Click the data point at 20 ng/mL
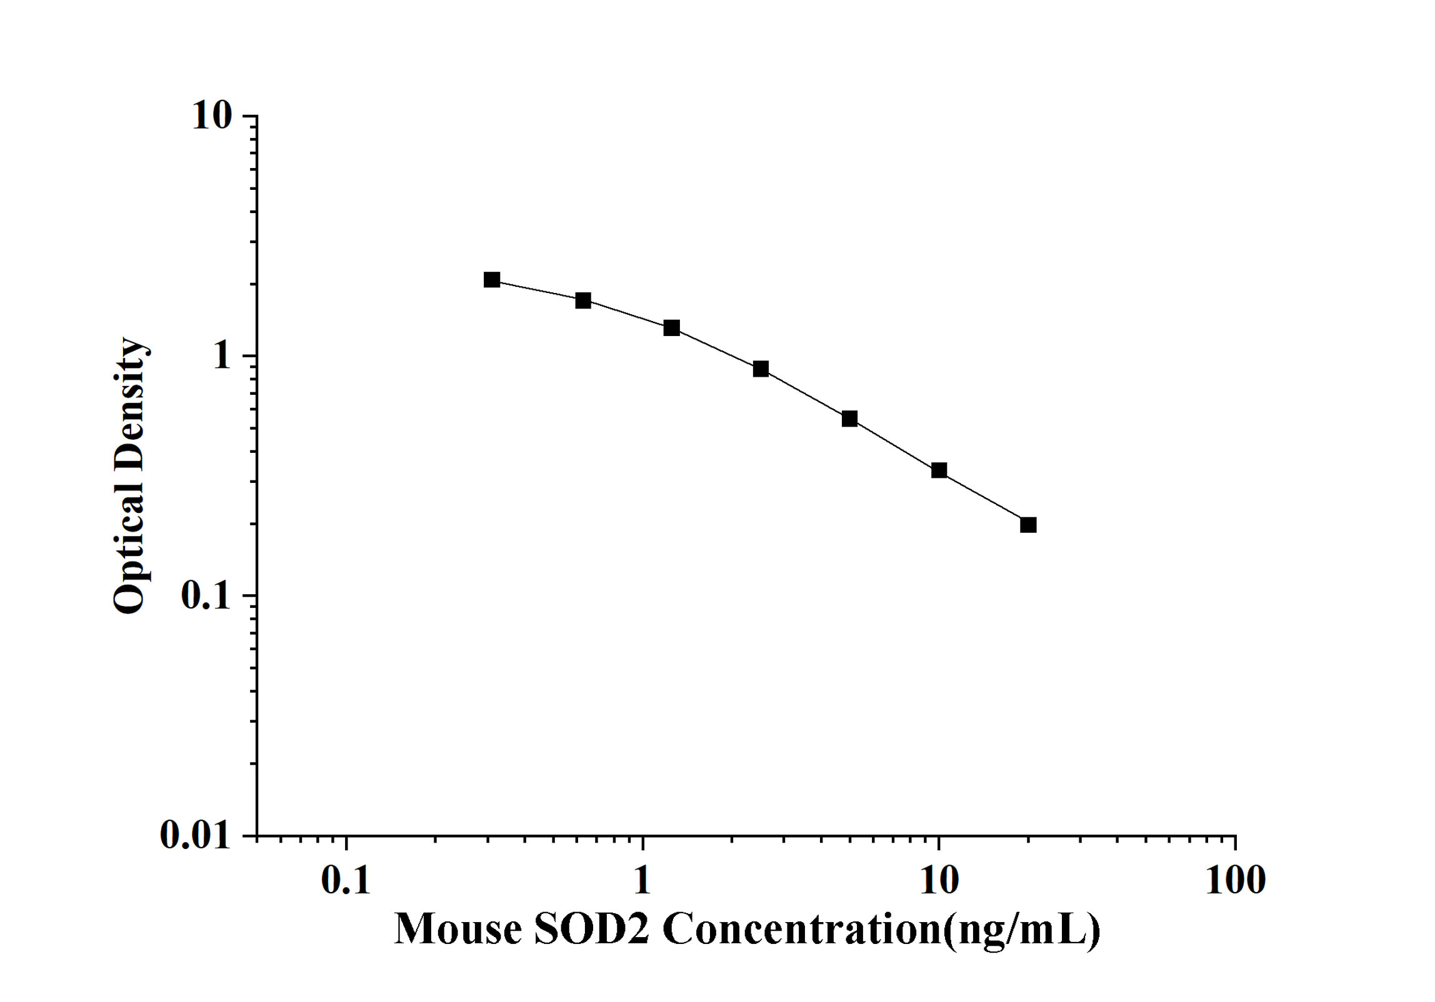1028,525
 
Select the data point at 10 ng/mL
939,470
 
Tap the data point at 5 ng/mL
849,419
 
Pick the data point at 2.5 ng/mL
761,369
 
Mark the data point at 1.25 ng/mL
671,328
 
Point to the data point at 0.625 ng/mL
583,300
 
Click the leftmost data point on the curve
492,280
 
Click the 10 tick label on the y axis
211,116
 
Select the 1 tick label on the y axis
221,356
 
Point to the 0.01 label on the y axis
196,835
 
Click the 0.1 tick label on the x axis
346,881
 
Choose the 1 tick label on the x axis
642,881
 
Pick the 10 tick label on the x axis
939,881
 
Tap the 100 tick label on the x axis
1235,881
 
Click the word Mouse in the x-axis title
458,930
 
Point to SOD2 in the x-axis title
591,930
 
